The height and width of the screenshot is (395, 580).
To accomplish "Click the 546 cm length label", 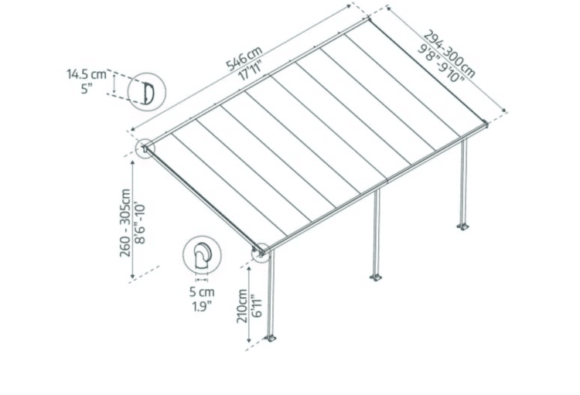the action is pyautogui.click(x=244, y=58).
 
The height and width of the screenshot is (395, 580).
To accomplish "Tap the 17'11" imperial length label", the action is pyautogui.click(x=251, y=71).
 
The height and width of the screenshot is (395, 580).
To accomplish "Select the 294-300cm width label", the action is pyautogui.click(x=449, y=54).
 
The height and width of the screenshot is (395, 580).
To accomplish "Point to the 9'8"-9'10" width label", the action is pyautogui.click(x=441, y=63).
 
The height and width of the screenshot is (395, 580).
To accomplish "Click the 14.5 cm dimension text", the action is pyautogui.click(x=87, y=74).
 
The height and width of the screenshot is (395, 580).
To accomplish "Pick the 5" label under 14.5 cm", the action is pyautogui.click(x=87, y=89).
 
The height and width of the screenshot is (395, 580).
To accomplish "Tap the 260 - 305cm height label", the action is pyautogui.click(x=125, y=223).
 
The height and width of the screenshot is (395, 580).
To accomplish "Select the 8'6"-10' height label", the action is pyautogui.click(x=141, y=223).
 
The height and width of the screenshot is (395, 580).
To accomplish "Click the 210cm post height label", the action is pyautogui.click(x=242, y=306).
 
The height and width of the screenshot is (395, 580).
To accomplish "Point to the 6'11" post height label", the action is pyautogui.click(x=256, y=306).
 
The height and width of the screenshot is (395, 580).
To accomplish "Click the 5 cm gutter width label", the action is pyautogui.click(x=202, y=292).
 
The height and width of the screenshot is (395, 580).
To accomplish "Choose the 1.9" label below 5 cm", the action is pyautogui.click(x=202, y=307).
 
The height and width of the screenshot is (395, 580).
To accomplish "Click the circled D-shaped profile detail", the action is pyautogui.click(x=147, y=91).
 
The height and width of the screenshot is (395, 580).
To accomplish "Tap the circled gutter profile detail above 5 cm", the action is pyautogui.click(x=202, y=255).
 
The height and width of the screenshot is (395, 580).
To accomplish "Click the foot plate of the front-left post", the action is pyautogui.click(x=271, y=338).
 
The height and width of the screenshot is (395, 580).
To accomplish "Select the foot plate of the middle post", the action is pyautogui.click(x=376, y=277).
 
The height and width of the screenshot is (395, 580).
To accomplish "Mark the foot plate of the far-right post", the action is pyautogui.click(x=462, y=226).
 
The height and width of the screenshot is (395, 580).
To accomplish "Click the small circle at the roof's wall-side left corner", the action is pyautogui.click(x=145, y=148).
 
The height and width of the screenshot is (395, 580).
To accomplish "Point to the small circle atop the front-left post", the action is pyautogui.click(x=261, y=252).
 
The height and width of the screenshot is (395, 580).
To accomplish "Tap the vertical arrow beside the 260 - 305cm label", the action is pyautogui.click(x=133, y=220).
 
